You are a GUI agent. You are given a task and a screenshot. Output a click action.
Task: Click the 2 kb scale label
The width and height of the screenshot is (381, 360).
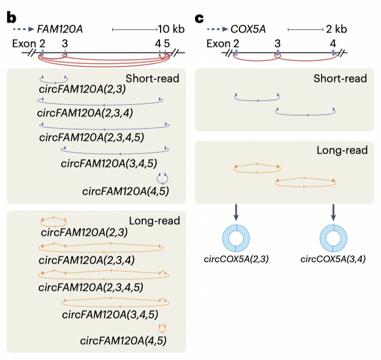click(x=337, y=29)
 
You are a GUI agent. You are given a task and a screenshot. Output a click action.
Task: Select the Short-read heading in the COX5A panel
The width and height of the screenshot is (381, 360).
click(x=340, y=79)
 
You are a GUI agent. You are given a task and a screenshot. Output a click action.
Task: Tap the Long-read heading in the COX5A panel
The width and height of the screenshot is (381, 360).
click(x=342, y=150)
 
